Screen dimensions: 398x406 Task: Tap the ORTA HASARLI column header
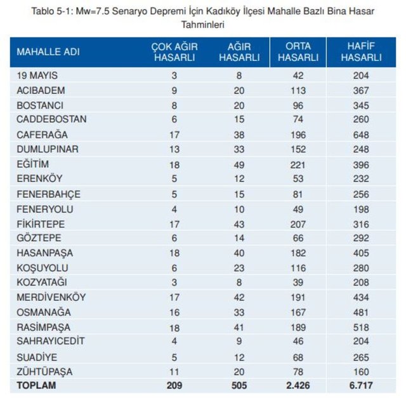[298, 52]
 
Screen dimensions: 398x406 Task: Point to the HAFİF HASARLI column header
[361, 52]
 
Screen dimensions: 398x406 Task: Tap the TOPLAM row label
[37, 385]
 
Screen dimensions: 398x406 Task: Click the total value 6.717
[361, 385]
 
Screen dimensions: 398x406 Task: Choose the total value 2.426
[298, 385]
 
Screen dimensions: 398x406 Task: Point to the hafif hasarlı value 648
[361, 135]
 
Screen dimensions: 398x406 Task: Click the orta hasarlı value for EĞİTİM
[298, 164]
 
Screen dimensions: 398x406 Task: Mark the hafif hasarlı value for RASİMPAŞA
[361, 326]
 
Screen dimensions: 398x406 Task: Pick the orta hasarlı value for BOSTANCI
[298, 105]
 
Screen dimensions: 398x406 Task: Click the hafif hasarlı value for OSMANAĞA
[361, 312]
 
